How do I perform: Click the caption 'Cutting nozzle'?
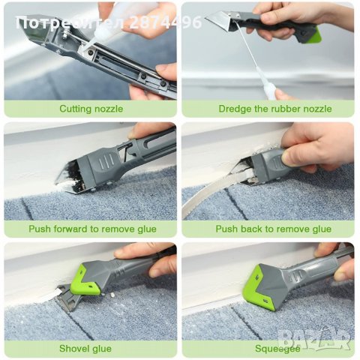tap(91, 109)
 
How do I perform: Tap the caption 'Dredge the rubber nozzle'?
tap(275, 109)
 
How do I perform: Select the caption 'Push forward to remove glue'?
tap(92, 229)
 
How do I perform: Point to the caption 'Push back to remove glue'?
tap(274, 229)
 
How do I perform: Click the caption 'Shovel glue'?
tap(85, 348)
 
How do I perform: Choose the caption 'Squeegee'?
tap(277, 349)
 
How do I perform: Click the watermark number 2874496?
tap(166, 22)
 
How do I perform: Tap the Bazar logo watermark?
tap(313, 339)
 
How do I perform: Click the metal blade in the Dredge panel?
tap(218, 22)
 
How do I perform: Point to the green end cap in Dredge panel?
tap(313, 36)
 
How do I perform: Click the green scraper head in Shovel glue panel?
tap(86, 280)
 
